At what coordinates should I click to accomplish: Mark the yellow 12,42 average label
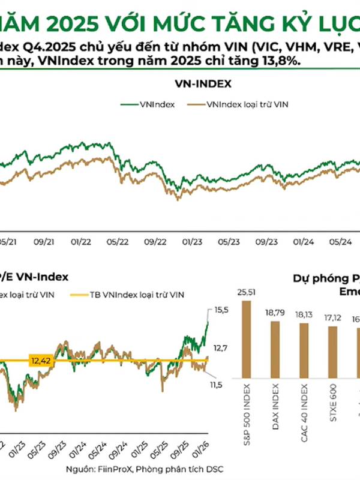click(40, 361)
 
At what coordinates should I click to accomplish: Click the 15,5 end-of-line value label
click(221, 310)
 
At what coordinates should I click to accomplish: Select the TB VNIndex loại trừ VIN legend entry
click(137, 295)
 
